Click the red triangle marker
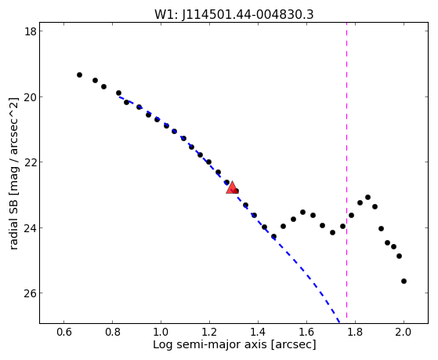pyautogui.click(x=232, y=188)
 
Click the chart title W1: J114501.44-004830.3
pyautogui.click(x=234, y=15)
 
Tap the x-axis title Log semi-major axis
pyautogui.click(x=210, y=344)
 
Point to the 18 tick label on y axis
pyautogui.click(x=30, y=31)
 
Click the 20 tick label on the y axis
pyautogui.click(x=30, y=96)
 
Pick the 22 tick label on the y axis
pyautogui.click(x=30, y=162)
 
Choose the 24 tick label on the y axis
pyautogui.click(x=30, y=227)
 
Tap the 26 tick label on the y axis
pyautogui.click(x=30, y=293)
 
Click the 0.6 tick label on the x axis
pyautogui.click(x=64, y=332)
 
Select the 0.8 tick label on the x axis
pyautogui.click(x=112, y=332)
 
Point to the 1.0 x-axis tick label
pyautogui.click(x=161, y=332)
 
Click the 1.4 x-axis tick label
pyautogui.click(x=258, y=332)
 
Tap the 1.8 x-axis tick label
pyautogui.click(x=355, y=332)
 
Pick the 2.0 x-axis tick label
pyautogui.click(x=404, y=332)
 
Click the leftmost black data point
pyautogui.click(x=79, y=75)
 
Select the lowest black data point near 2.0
pyautogui.click(x=404, y=281)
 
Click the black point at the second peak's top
pyautogui.click(x=368, y=197)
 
